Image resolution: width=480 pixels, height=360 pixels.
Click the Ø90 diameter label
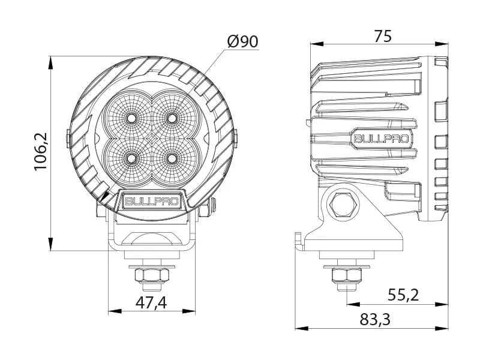click(x=242, y=41)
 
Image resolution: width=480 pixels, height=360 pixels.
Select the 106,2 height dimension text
click(x=41, y=152)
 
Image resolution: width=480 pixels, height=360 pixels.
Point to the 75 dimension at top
click(x=382, y=36)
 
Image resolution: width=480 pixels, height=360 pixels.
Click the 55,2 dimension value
click(x=403, y=295)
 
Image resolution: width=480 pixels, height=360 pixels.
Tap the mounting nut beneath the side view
click(x=345, y=277)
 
